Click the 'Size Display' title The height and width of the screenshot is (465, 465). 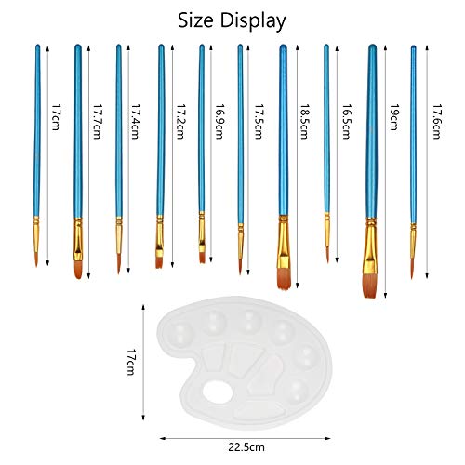click(232, 21)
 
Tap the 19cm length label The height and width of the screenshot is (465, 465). click(393, 117)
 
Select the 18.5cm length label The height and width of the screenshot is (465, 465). click(304, 121)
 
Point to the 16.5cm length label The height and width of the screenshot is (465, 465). click(346, 121)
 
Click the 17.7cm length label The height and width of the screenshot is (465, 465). click(97, 121)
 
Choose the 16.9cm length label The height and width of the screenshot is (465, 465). click(219, 121)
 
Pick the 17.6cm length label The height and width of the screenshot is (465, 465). click(437, 121)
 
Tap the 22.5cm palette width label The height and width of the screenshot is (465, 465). click(246, 447)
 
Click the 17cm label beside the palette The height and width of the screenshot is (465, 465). click(131, 362)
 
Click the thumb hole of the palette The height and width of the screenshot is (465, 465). click(218, 392)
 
